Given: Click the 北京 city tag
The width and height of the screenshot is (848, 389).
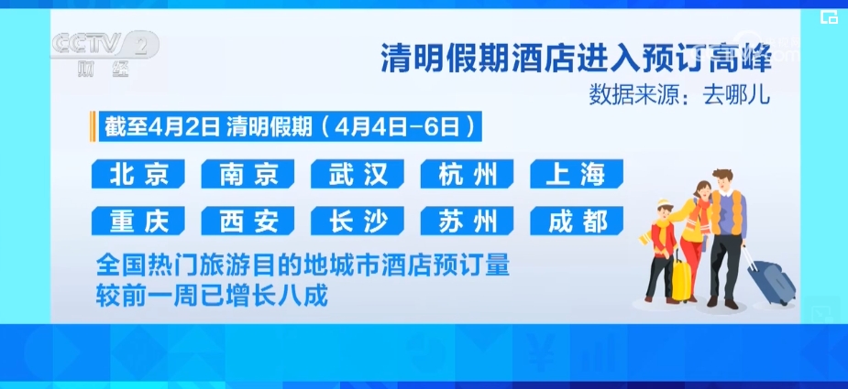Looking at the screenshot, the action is (x=138, y=174).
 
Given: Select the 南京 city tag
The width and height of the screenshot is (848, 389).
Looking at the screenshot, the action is (x=248, y=174).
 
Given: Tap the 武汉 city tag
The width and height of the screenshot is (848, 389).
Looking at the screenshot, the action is (x=358, y=174).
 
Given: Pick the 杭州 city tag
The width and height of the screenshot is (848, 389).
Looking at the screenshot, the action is (x=468, y=174).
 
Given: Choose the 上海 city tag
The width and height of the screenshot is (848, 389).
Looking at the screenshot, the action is (x=577, y=174).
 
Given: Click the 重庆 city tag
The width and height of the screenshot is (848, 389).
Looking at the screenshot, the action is (x=138, y=221).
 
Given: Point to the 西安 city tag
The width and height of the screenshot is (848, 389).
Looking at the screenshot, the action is (x=248, y=221).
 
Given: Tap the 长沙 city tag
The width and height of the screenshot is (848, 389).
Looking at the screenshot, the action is (x=358, y=221).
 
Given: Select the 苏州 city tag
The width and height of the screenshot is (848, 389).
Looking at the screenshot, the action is (x=468, y=221).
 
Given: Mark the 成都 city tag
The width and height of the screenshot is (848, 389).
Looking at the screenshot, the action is (x=577, y=221).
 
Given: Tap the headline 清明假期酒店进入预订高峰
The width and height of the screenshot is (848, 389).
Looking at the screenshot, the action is (x=576, y=58).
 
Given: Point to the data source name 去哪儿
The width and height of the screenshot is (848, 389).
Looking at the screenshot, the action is (x=736, y=95).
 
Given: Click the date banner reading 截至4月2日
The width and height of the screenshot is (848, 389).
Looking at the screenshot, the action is (x=162, y=126).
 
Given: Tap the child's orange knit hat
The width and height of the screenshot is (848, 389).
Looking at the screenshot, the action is (x=665, y=204).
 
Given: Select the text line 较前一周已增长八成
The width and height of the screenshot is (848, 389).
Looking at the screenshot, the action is (x=213, y=297).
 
